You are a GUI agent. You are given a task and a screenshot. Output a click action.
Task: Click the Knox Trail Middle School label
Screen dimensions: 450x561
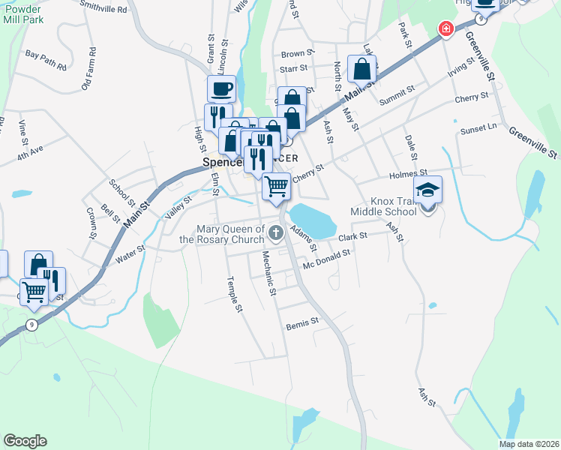coord(394,206)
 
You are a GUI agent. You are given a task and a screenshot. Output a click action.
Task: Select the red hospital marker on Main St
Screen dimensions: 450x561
coord(445,29)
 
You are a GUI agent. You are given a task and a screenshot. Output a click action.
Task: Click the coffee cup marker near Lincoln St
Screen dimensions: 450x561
coord(221,88)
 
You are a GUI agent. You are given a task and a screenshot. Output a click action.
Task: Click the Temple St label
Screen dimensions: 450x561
coord(235,294)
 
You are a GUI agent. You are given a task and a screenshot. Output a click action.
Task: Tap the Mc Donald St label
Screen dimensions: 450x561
coord(326,259)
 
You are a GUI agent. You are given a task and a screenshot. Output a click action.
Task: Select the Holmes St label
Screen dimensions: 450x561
coord(408,174)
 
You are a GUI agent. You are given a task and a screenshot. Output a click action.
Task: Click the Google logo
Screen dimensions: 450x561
coord(25,440)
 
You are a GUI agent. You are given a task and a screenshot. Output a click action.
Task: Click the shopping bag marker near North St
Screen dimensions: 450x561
coord(361,69)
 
